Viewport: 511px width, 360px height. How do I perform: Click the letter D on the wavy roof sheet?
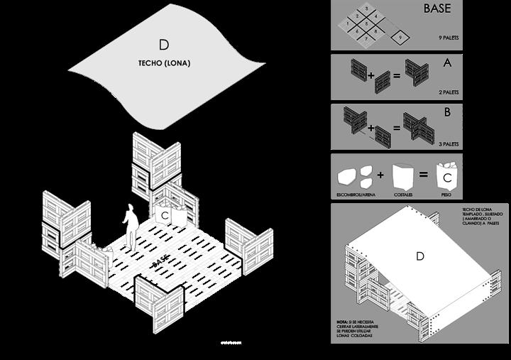point(164,45)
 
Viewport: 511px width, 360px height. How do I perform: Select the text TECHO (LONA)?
point(164,63)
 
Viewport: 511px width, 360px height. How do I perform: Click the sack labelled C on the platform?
point(164,214)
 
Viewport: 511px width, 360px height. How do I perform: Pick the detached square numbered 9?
point(401,36)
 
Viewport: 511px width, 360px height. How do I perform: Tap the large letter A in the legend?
point(447,62)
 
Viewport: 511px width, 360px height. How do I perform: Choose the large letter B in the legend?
point(447,112)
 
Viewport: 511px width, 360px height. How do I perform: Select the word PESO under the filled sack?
point(447,193)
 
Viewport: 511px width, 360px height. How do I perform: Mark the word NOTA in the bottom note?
point(342,322)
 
